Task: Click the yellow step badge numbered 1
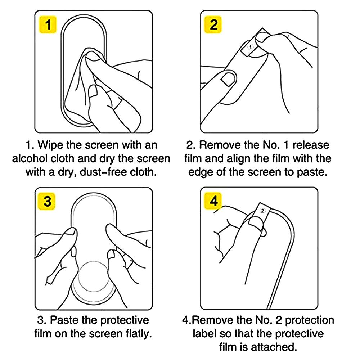click(x=48, y=24)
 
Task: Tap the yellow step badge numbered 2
click(x=213, y=24)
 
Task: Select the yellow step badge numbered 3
click(x=47, y=201)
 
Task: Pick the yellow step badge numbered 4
click(x=213, y=201)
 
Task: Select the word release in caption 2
click(x=311, y=145)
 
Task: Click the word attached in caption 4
click(x=273, y=347)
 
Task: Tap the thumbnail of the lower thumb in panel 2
click(x=228, y=79)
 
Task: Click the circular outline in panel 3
click(x=94, y=261)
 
